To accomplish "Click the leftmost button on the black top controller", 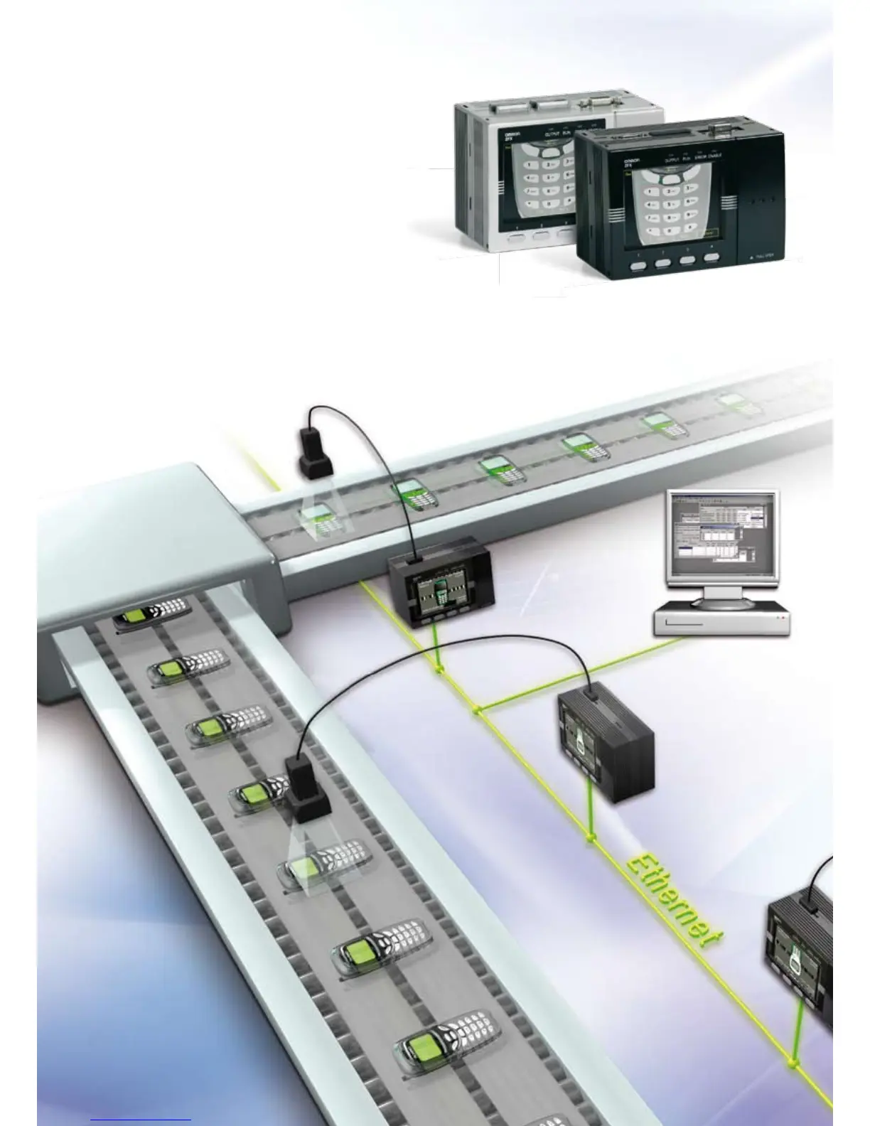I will point(637,265).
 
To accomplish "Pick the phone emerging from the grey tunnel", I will point(153,616).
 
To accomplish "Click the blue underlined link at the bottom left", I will point(140,1120).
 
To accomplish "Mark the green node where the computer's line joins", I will point(478,709).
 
